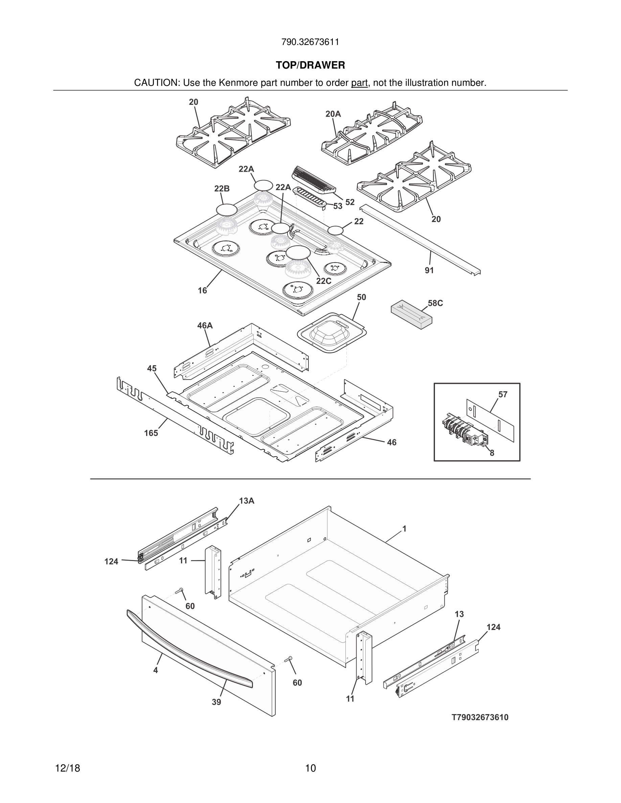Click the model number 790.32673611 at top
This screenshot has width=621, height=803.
click(x=310, y=42)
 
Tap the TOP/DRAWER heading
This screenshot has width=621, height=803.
click(x=310, y=66)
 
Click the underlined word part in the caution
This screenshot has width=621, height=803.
click(x=359, y=83)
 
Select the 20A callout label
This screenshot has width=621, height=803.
click(x=333, y=114)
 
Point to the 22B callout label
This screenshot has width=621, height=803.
click(x=222, y=189)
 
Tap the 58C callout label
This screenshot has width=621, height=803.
click(x=435, y=303)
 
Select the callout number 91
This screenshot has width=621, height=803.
click(x=429, y=270)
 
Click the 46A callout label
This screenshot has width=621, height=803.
click(x=205, y=325)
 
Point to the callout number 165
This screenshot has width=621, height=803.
click(x=151, y=433)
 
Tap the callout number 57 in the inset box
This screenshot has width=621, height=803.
click(x=503, y=394)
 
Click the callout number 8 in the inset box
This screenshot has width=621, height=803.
click(x=492, y=453)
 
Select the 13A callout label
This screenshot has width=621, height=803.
click(x=247, y=501)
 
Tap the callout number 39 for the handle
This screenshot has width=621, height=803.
click(x=216, y=702)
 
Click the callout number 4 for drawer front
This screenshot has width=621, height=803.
click(x=156, y=670)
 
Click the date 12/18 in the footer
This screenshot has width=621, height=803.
click(x=67, y=768)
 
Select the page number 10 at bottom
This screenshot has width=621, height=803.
click(x=310, y=768)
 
